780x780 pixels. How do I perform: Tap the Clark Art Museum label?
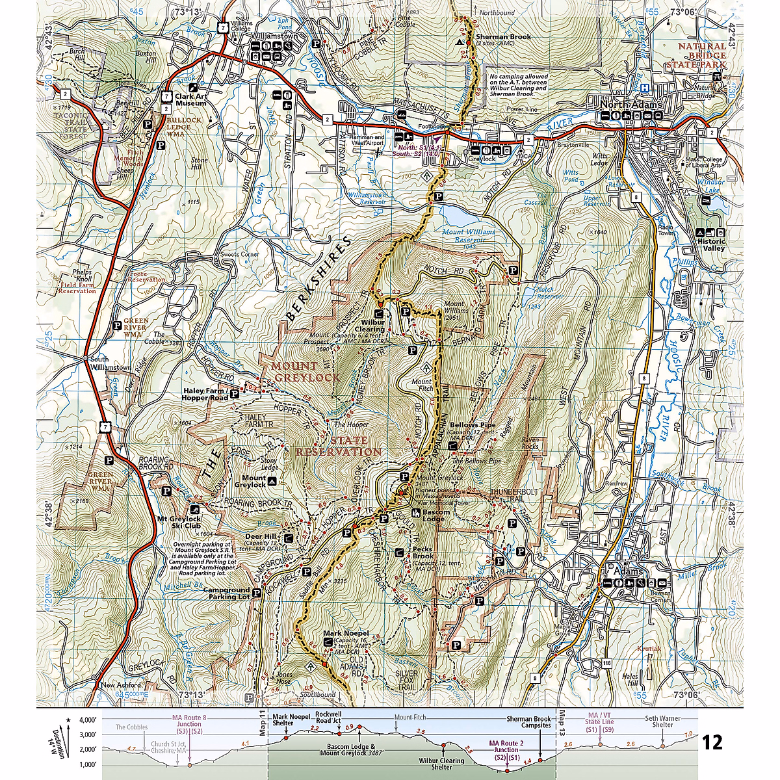pyautogui.click(x=190, y=99)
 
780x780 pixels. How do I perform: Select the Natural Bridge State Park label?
pyautogui.click(x=702, y=55)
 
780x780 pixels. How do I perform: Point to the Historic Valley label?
pyautogui.click(x=711, y=244)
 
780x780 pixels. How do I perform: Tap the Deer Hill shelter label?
pyautogui.click(x=261, y=537)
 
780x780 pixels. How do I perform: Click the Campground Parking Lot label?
pyautogui.click(x=226, y=593)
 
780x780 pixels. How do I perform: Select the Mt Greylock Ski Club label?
pyautogui.click(x=179, y=523)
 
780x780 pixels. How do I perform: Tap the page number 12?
pyautogui.click(x=712, y=742)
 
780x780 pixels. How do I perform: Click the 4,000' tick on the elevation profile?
pyautogui.click(x=87, y=720)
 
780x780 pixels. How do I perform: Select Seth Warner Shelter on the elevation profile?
pyautogui.click(x=663, y=721)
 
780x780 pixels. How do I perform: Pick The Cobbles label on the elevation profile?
pyautogui.click(x=132, y=727)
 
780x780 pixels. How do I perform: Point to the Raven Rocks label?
pyautogui.click(x=530, y=443)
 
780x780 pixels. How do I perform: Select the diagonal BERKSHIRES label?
pyautogui.click(x=318, y=279)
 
